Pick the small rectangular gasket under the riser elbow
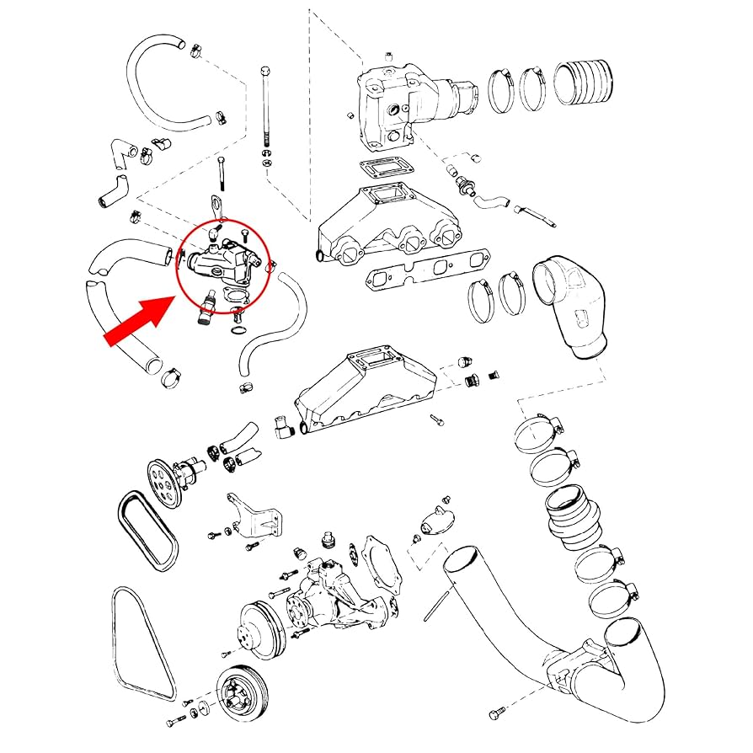tap(387, 168)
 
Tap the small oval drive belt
tap(148, 529)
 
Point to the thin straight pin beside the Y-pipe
tap(435, 605)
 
